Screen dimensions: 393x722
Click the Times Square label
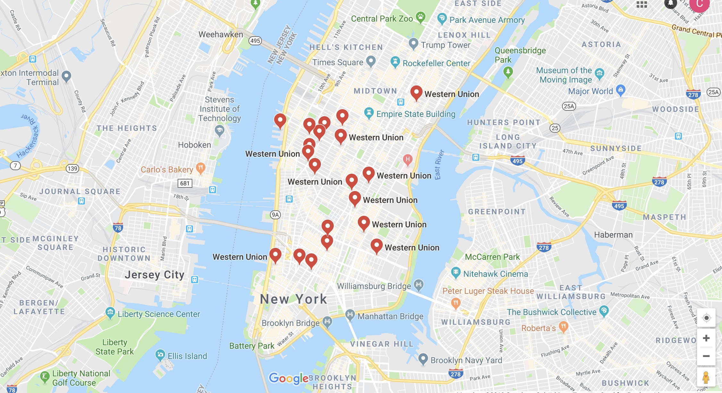click(x=338, y=62)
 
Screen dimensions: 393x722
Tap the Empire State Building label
click(x=416, y=114)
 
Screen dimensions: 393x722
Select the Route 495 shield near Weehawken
click(x=255, y=41)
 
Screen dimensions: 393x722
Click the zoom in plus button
click(x=706, y=338)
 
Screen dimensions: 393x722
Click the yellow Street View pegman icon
click(x=706, y=377)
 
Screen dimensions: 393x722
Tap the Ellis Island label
click(x=187, y=356)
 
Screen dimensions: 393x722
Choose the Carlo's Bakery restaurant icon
click(x=201, y=168)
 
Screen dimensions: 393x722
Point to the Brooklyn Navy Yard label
click(x=466, y=360)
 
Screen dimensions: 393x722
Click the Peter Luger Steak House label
click(x=488, y=291)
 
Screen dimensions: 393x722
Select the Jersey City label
click(x=155, y=275)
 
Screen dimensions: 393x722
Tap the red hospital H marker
click(x=407, y=159)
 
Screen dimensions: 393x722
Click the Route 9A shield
click(x=275, y=215)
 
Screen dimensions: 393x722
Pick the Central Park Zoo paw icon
click(x=421, y=17)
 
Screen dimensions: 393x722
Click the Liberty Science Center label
click(x=159, y=314)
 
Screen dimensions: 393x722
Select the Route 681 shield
click(x=185, y=183)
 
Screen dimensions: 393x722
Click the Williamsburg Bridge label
click(x=374, y=286)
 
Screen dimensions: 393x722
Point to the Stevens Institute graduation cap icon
click(x=220, y=130)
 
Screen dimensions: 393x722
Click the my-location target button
click(x=706, y=318)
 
